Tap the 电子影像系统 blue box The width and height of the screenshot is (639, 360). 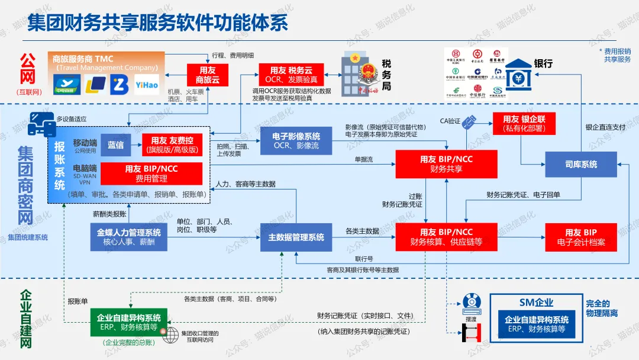296,140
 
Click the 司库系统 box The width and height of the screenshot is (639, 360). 580,164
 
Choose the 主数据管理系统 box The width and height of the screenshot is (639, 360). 296,237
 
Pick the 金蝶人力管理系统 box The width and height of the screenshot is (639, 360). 128,237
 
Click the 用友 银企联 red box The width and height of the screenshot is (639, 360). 524,123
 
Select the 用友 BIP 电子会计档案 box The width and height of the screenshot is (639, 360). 580,237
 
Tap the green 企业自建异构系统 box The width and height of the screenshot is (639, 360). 128,323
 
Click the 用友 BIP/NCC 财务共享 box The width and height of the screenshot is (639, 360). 446,164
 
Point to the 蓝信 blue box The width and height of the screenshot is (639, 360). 115,144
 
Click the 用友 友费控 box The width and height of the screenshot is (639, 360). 172,144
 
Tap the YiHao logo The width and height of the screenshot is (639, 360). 146,85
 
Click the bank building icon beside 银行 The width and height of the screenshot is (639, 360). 517,71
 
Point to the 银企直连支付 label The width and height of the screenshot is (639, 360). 605,127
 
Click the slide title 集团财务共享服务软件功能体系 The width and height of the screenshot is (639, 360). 158,22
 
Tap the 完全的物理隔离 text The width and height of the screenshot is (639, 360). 601,308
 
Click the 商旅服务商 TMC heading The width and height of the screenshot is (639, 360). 83,59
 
